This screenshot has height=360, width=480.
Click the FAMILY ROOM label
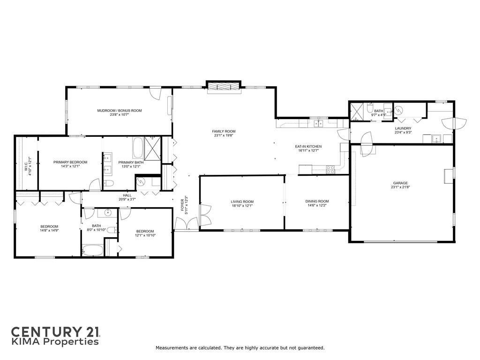(224, 131)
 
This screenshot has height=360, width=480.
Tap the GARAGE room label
(400, 183)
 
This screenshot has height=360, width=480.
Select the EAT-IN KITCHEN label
(308, 146)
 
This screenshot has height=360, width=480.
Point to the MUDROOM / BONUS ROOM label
(120, 111)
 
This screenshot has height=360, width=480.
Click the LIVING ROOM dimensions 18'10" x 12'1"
(242, 206)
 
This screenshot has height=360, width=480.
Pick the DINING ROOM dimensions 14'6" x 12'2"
(317, 205)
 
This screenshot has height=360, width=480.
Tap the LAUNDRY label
(403, 128)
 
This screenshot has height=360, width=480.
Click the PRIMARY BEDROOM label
(70, 162)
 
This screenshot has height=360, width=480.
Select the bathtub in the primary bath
(137, 148)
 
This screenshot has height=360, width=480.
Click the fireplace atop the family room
(224, 86)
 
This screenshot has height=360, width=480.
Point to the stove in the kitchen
(330, 170)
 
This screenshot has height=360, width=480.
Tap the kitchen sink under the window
(319, 123)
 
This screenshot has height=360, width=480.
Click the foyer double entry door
(187, 224)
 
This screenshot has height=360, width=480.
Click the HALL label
(127, 195)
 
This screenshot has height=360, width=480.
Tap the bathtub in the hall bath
(93, 250)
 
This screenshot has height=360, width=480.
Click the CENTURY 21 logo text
(55, 332)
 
